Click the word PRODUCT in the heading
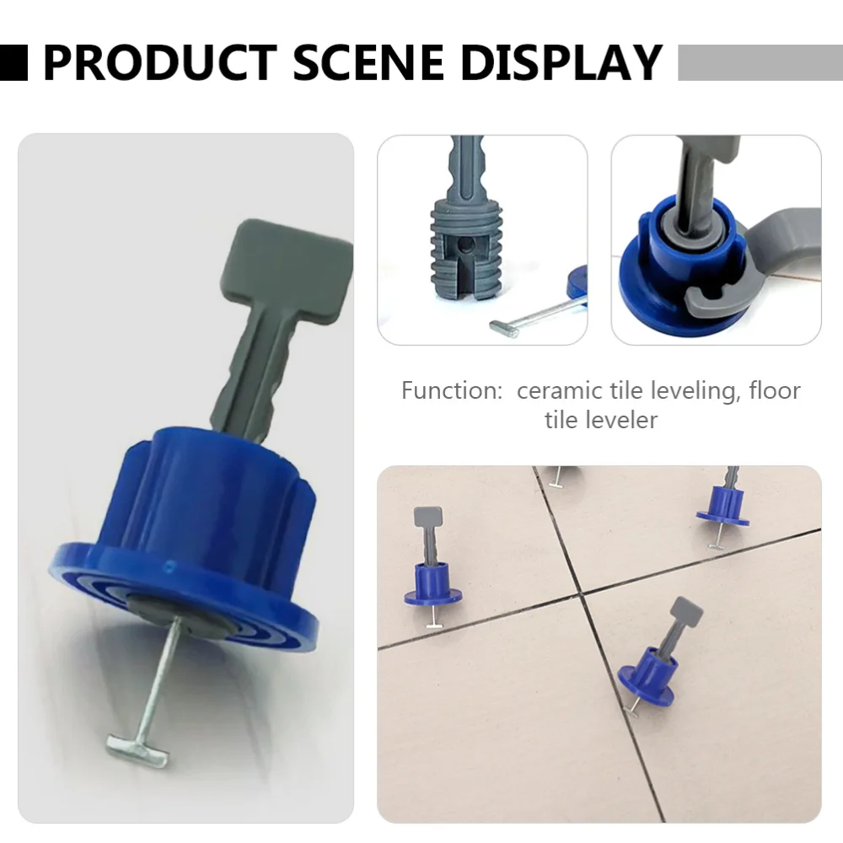[x=158, y=62]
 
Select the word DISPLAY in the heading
[x=566, y=62]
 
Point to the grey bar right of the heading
[x=759, y=62]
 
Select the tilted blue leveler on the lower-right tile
[x=648, y=671]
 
